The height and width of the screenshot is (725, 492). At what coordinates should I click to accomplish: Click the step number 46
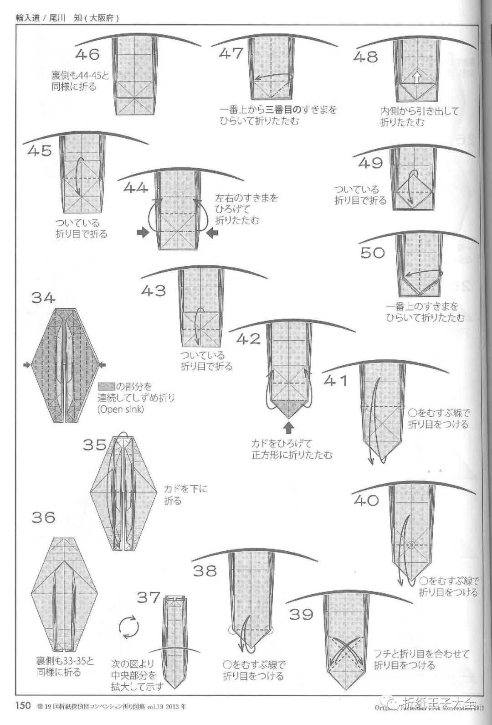click(x=87, y=55)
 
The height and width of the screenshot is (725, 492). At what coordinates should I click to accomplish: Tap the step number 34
click(x=43, y=298)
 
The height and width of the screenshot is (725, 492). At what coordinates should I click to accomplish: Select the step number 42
click(x=248, y=339)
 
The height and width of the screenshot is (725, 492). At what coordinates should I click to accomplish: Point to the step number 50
click(x=373, y=253)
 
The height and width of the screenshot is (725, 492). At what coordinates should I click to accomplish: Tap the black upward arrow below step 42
click(x=289, y=427)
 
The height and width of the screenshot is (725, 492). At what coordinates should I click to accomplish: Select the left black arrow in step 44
click(x=143, y=233)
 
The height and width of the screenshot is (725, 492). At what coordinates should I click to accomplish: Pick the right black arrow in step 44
click(x=212, y=233)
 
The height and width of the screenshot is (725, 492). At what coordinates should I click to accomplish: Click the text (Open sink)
click(x=121, y=409)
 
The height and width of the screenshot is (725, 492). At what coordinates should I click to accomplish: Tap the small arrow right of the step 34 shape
click(x=102, y=364)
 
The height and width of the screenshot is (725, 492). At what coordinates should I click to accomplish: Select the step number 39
click(x=302, y=614)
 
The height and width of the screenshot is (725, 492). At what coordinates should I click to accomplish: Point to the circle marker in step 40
click(x=412, y=544)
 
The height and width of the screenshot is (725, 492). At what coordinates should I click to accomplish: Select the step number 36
click(x=43, y=517)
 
